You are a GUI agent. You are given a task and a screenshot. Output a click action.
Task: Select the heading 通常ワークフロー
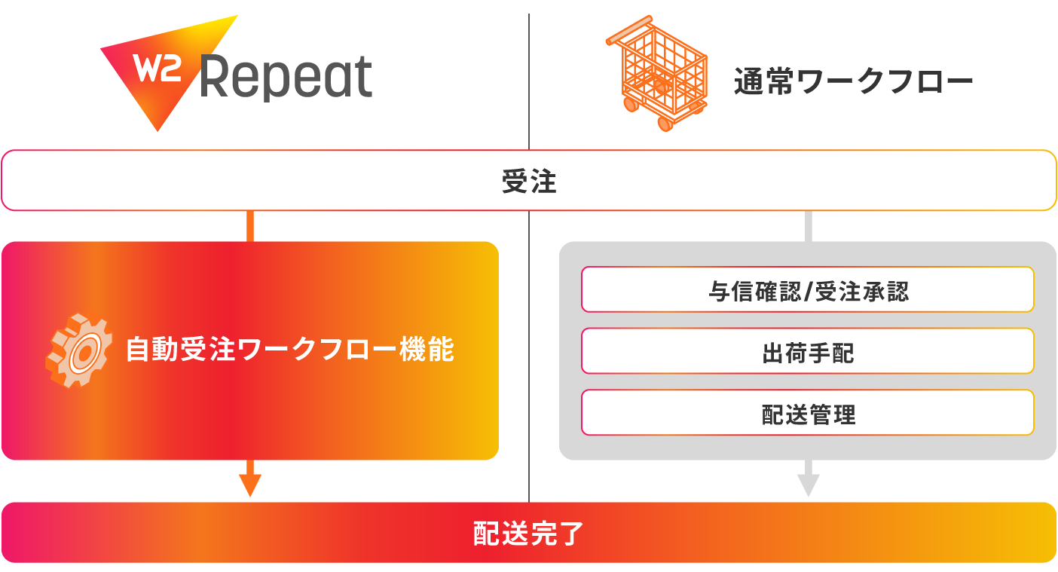click(x=853, y=81)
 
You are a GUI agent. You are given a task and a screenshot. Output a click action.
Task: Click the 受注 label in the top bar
click(x=528, y=181)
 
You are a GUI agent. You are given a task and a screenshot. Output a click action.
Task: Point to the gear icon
click(x=79, y=350)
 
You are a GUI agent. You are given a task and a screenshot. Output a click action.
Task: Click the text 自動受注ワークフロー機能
click(x=290, y=350)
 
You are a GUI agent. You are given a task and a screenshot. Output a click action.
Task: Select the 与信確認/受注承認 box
click(x=807, y=289)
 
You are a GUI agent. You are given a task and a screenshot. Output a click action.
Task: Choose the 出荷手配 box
click(x=807, y=351)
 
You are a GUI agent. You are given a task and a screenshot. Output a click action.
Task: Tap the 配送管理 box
click(x=807, y=413)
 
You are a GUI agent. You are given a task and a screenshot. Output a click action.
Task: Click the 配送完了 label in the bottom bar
click(x=528, y=533)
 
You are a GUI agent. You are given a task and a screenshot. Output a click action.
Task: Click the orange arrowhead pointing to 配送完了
click(x=250, y=485)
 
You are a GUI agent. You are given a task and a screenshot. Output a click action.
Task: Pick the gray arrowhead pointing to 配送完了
click(x=808, y=485)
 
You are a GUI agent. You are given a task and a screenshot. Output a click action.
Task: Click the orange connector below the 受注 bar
click(x=250, y=225)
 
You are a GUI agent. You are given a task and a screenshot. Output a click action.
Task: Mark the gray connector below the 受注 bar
click(x=808, y=225)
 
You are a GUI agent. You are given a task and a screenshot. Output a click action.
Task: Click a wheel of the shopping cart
click(x=665, y=123)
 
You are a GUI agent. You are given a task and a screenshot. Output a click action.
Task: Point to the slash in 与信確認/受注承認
click(x=810, y=290)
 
